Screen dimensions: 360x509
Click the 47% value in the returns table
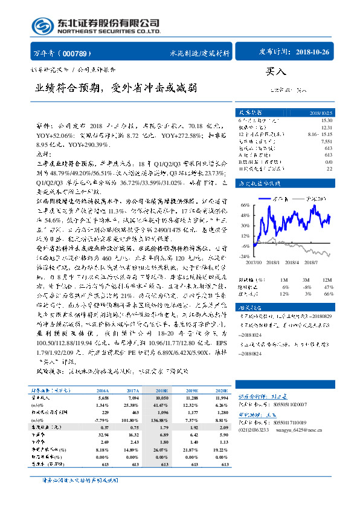coord(327,287)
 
